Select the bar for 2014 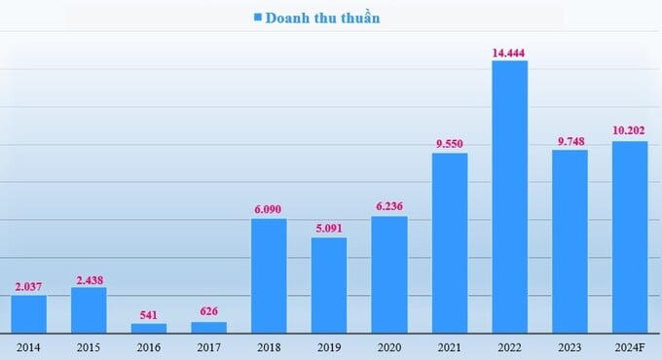point(29,313)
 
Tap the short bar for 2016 point(149,328)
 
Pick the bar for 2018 point(269,275)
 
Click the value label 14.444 point(509,50)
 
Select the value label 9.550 point(450,143)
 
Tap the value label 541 point(149,314)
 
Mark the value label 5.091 point(329,228)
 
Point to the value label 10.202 point(630,130)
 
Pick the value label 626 point(209,312)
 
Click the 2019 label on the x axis point(329,346)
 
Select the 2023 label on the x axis point(570,346)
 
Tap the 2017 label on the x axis point(209,346)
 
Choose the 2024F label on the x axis point(630,346)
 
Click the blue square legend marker point(258,18)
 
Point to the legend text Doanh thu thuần point(324,18)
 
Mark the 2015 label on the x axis point(90,346)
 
